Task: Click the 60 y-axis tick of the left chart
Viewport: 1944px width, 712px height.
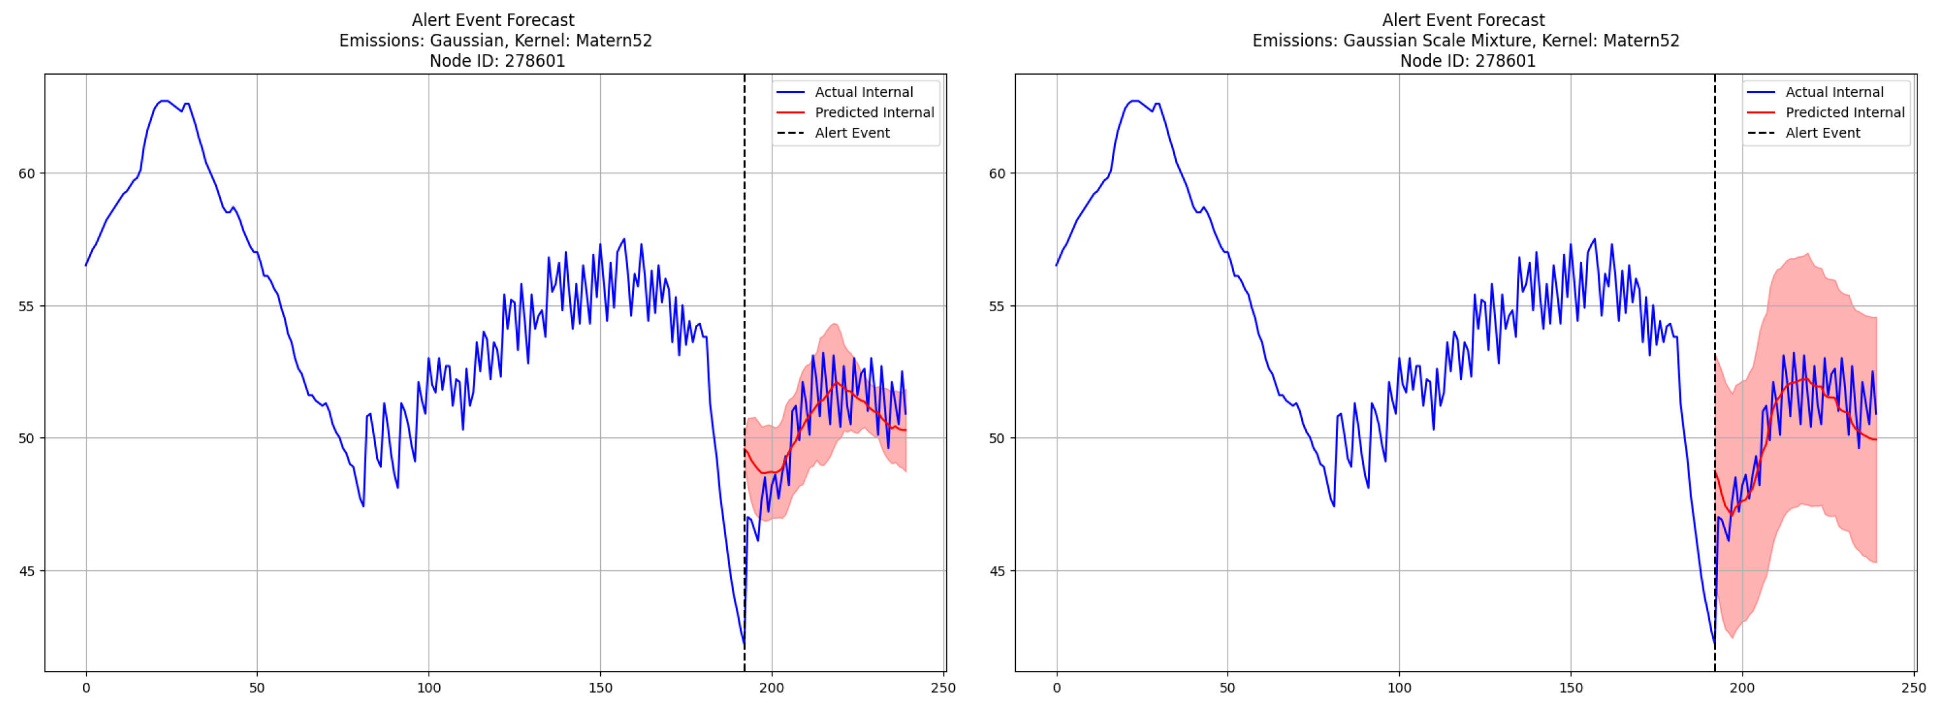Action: coord(27,173)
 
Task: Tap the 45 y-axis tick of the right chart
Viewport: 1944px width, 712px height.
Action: coord(997,572)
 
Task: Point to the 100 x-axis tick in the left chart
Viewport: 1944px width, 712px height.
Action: coord(429,688)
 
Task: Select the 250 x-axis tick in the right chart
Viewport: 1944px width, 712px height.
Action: coord(1913,688)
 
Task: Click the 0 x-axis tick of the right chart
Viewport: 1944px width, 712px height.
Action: coord(1057,688)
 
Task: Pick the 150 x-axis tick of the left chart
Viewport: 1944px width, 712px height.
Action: coord(600,688)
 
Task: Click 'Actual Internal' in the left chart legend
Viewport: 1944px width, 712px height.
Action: coord(863,92)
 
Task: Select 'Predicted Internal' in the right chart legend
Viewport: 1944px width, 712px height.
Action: coord(1845,112)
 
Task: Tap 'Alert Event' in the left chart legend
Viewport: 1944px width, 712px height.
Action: coord(852,133)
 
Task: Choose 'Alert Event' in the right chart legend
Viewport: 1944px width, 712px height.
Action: coord(1823,133)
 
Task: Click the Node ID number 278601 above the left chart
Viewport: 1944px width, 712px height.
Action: coord(535,61)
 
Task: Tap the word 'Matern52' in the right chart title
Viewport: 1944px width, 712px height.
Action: coord(1641,41)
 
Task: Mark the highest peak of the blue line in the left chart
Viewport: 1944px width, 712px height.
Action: coord(164,101)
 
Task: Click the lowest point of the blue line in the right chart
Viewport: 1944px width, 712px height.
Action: coord(1714,644)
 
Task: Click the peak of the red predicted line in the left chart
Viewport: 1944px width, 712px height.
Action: coord(835,383)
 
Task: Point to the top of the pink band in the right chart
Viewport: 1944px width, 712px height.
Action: coord(1808,254)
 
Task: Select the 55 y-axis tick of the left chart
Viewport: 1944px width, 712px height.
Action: coord(27,307)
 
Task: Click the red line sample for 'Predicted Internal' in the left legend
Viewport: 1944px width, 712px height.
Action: coord(790,112)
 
